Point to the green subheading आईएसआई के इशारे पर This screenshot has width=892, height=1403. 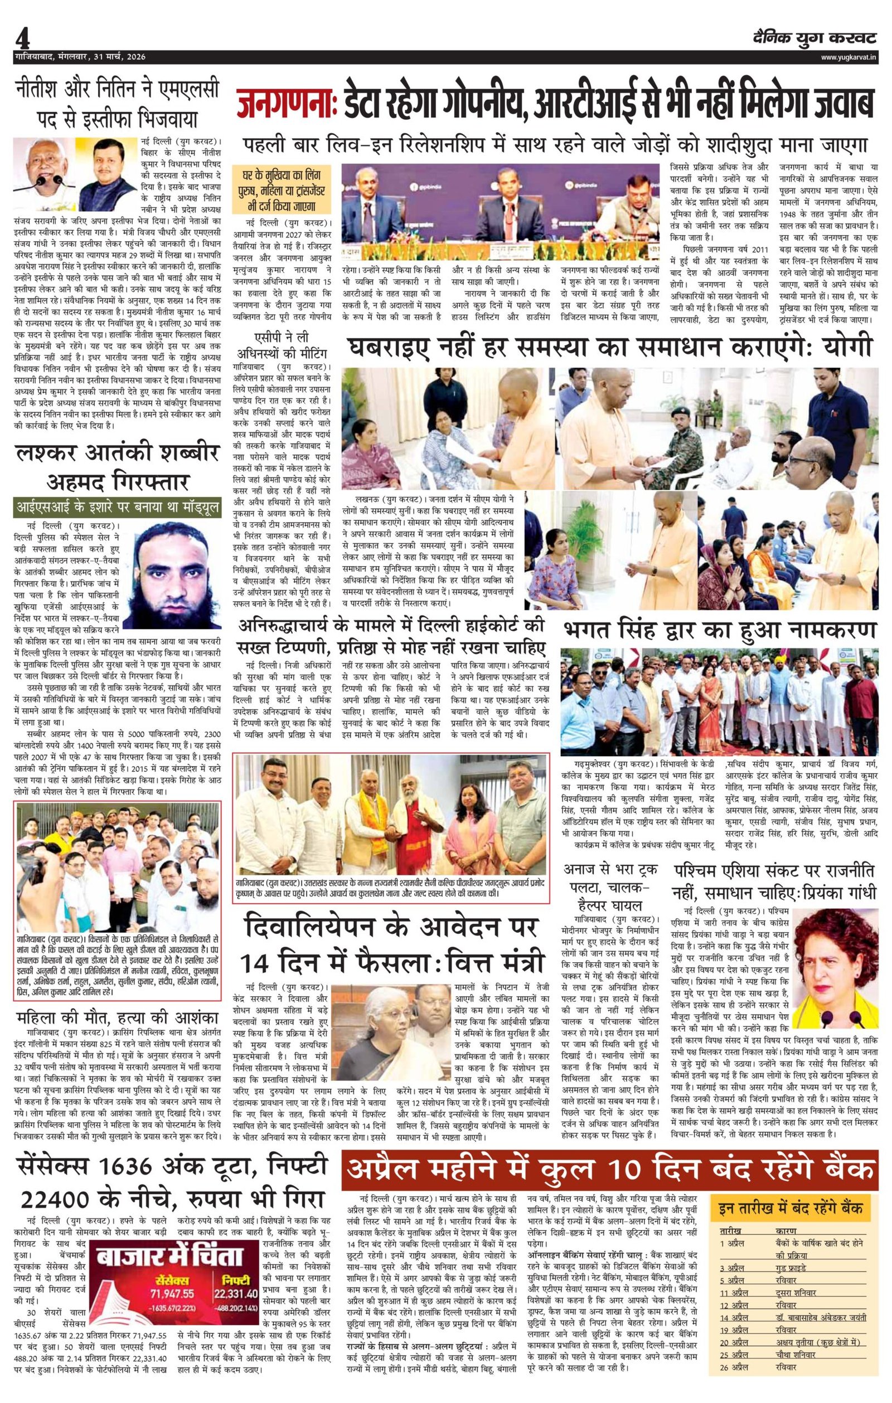(117, 508)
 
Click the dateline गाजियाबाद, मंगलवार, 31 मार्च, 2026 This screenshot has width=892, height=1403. (80, 57)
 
